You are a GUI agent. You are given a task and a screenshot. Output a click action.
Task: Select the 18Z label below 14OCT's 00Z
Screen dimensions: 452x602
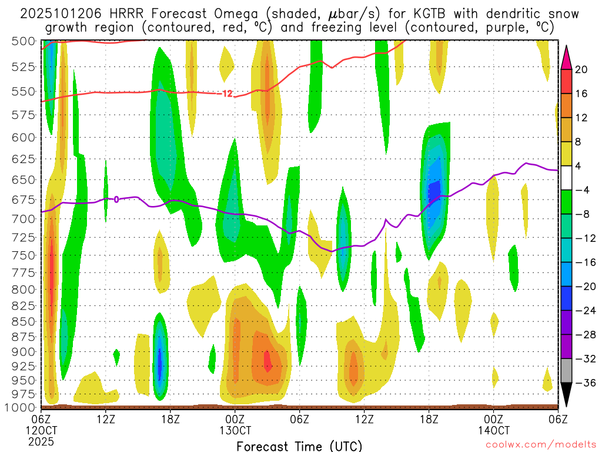429,419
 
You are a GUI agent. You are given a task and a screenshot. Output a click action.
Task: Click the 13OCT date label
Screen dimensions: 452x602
235,430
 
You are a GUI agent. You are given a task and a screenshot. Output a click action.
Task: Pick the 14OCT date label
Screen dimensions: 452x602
494,430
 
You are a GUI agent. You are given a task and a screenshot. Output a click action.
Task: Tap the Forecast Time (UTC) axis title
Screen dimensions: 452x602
299,446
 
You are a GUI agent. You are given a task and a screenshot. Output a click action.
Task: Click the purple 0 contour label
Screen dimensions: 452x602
116,200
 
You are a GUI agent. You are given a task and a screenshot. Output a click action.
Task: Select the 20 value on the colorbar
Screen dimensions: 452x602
582,69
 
